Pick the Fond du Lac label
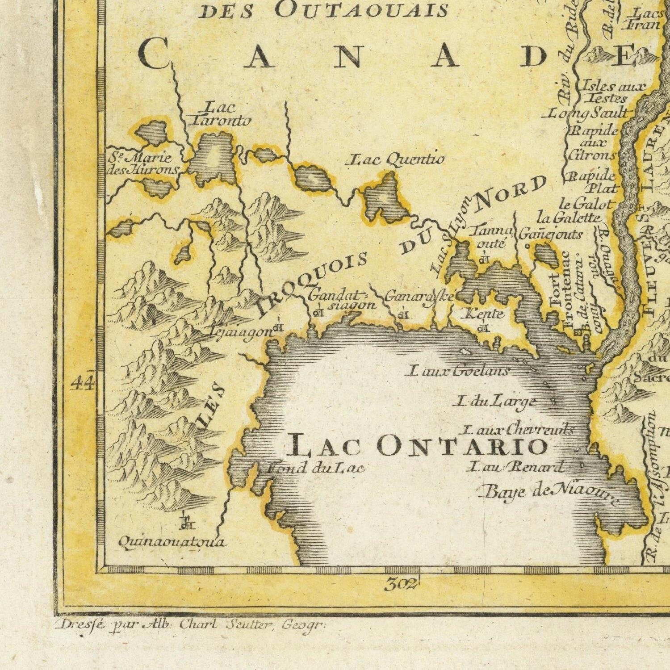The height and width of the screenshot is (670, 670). (x=316, y=468)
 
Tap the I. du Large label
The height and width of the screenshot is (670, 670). (x=494, y=402)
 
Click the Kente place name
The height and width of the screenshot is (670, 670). (x=484, y=314)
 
